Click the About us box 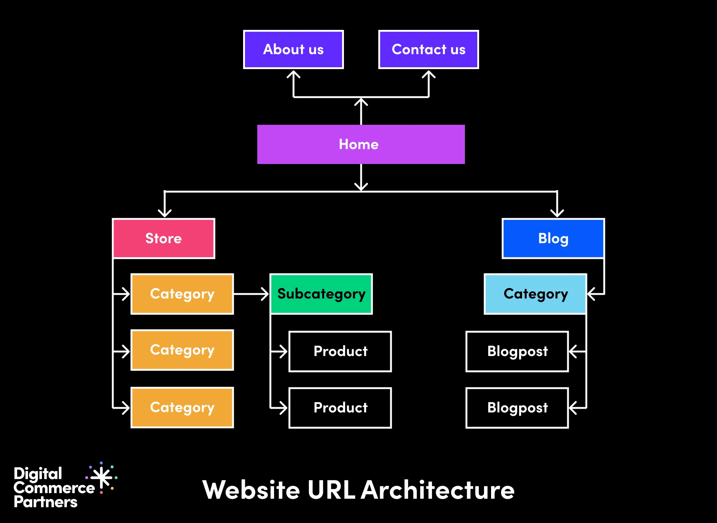[x=294, y=50]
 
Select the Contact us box [x=428, y=50]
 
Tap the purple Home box [x=361, y=144]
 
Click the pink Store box [x=164, y=238]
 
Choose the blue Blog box [x=553, y=238]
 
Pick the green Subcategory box [x=321, y=294]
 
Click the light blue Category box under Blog [x=536, y=294]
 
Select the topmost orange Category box [x=182, y=294]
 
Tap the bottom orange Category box [x=182, y=408]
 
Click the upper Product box [x=340, y=352]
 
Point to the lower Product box [x=340, y=408]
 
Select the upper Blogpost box [x=517, y=352]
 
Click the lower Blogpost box [x=517, y=408]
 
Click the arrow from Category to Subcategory [x=251, y=294]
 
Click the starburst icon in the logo [x=102, y=478]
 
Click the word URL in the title [x=331, y=490]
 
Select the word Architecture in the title [x=438, y=490]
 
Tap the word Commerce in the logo [x=54, y=488]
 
